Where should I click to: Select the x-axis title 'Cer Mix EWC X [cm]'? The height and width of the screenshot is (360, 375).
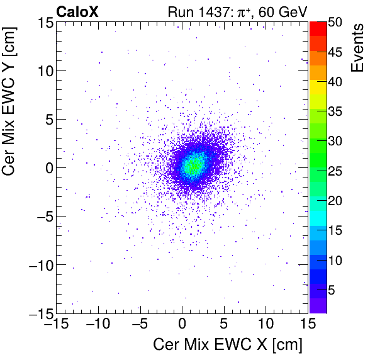pos(228,345)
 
